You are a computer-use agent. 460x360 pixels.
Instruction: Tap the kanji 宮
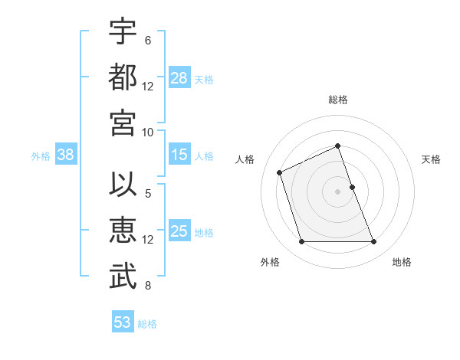123,122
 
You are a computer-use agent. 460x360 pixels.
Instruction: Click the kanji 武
123,277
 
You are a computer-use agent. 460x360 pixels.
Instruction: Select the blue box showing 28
179,78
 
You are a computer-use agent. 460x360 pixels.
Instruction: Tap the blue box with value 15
179,155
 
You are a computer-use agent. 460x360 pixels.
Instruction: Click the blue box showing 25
179,231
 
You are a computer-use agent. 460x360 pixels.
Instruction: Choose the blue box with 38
66,155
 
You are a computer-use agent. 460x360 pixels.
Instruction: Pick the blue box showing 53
123,322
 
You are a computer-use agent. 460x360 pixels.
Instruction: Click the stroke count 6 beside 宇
147,41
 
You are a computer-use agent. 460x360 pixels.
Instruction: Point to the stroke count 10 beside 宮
148,132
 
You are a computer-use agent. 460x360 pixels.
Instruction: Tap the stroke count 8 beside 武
147,286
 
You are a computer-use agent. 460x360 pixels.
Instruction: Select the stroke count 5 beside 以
147,194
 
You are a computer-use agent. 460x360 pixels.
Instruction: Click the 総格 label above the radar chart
337,100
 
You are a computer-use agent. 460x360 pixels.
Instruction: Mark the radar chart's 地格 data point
374,242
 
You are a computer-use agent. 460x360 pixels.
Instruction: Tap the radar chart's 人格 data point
280,172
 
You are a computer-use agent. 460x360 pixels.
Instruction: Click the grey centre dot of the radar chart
337,191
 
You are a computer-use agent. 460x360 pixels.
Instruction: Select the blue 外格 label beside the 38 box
41,156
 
